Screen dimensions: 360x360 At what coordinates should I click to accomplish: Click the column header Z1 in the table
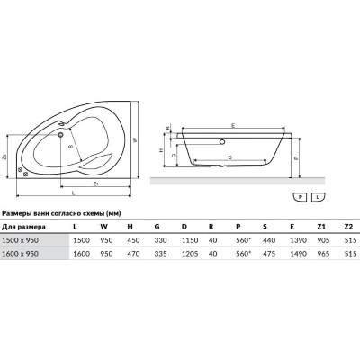pyautogui.click(x=321, y=227)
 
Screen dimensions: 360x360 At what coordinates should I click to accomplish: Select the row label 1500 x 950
pyautogui.click(x=20, y=240)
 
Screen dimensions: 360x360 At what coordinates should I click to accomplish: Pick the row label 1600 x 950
pyautogui.click(x=20, y=254)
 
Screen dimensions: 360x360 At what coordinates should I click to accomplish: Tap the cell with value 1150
pyautogui.click(x=190, y=240)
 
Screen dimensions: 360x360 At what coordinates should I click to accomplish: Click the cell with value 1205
pyautogui.click(x=190, y=254)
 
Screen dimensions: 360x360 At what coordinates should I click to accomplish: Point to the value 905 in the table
pyautogui.click(x=323, y=240)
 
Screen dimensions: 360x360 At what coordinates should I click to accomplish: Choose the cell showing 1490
pyautogui.click(x=299, y=254)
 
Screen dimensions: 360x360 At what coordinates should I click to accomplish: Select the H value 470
pyautogui.click(x=133, y=254)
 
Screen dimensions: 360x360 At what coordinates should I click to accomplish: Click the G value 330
pyautogui.click(x=160, y=240)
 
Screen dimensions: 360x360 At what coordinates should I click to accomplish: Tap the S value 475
pyautogui.click(x=269, y=254)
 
